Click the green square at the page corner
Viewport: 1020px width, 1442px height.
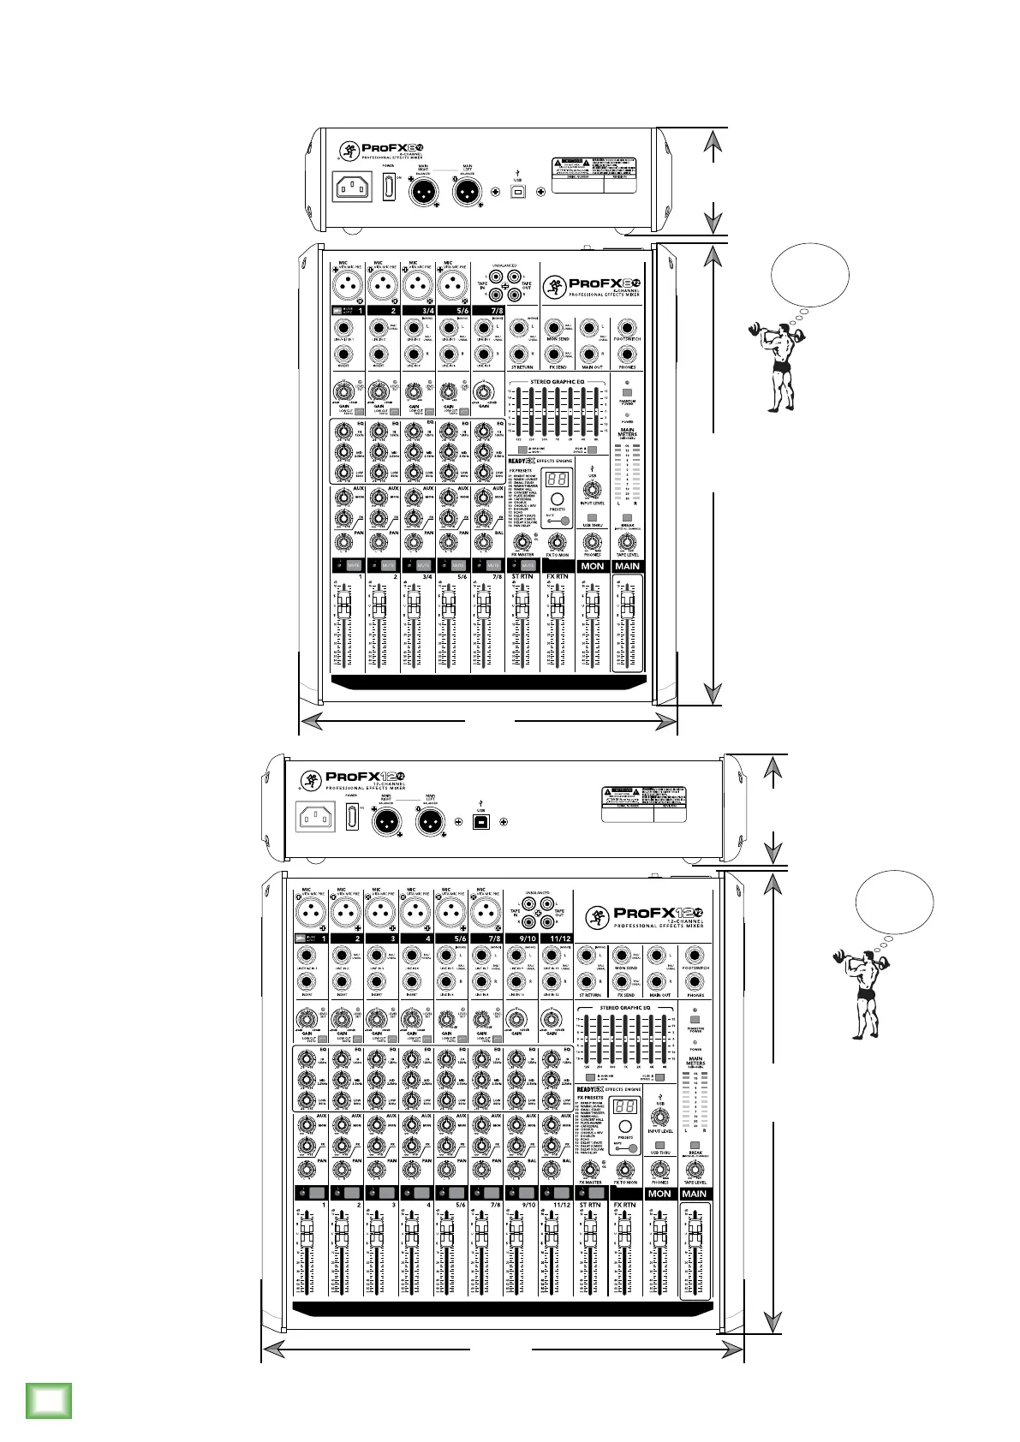click(49, 1399)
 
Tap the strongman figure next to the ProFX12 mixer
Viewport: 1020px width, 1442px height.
click(862, 992)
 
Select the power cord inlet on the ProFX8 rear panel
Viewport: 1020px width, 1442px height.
click(352, 188)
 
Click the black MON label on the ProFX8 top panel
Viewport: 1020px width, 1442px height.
click(592, 566)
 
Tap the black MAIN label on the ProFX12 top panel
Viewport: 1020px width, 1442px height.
click(694, 1194)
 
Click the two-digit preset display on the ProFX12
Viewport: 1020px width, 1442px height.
click(625, 1106)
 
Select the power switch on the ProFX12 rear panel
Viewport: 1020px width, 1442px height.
click(351, 815)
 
